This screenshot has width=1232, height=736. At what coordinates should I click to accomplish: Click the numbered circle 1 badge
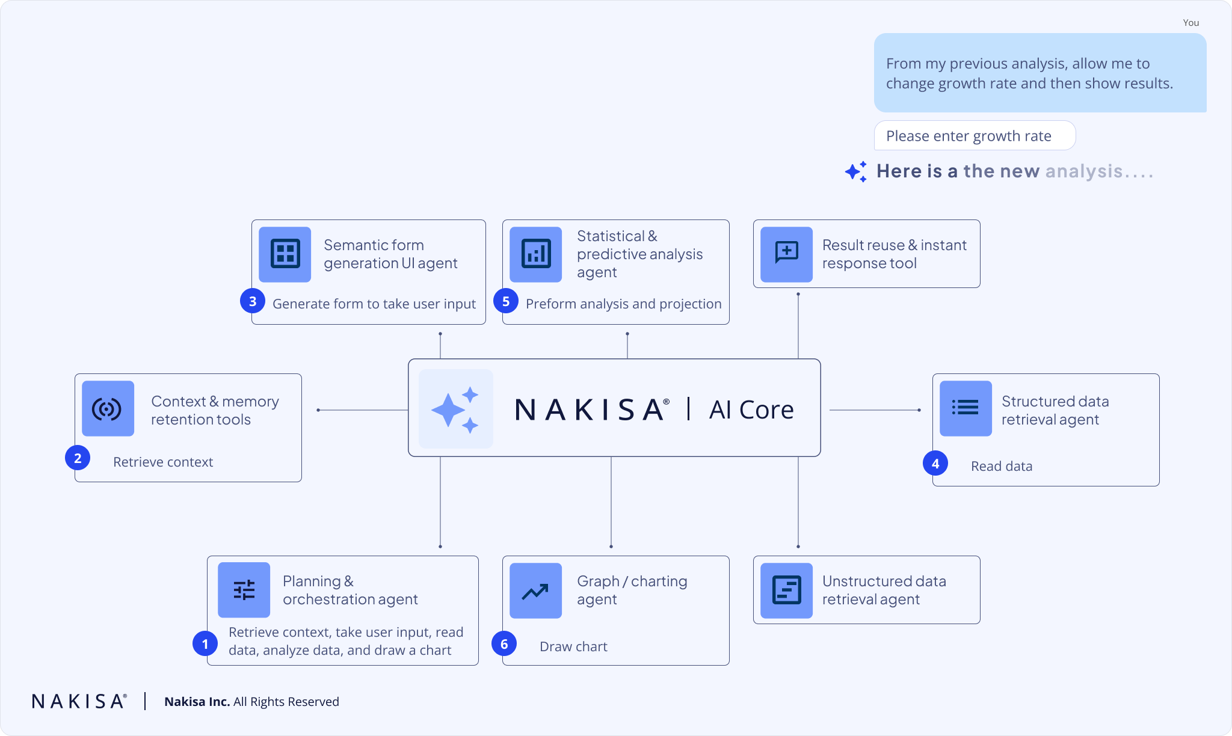tap(205, 644)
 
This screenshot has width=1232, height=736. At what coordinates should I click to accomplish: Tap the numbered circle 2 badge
tap(78, 458)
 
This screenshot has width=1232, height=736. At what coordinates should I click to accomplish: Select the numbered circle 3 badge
tap(253, 301)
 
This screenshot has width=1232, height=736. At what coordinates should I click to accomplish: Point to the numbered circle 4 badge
tap(935, 464)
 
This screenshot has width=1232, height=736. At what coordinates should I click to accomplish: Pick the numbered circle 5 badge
tap(506, 301)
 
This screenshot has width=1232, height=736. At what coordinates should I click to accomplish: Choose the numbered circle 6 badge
tap(504, 644)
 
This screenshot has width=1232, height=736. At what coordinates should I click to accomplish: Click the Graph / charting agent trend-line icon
tap(535, 590)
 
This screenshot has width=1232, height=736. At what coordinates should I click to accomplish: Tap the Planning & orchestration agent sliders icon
tap(244, 590)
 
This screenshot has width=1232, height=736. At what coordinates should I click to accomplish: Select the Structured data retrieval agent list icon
tap(966, 408)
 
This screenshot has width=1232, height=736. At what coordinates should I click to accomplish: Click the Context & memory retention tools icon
tap(108, 409)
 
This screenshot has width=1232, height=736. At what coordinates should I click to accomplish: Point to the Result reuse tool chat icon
tap(786, 254)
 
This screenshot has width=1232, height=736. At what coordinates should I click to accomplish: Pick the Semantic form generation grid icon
tap(285, 254)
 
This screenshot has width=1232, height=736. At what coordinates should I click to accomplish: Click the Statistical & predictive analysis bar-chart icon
tap(535, 254)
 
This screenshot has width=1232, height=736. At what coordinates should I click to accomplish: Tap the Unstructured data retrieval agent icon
tap(786, 590)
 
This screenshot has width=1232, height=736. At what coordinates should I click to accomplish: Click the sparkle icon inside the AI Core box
tap(455, 409)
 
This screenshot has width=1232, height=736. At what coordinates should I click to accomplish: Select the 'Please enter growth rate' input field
tap(974, 136)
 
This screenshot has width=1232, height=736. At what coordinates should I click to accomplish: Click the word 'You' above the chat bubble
tap(1190, 23)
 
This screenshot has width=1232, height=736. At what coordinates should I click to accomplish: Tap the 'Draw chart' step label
tap(573, 646)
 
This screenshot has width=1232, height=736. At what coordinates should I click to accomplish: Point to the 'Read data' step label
tap(1002, 466)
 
